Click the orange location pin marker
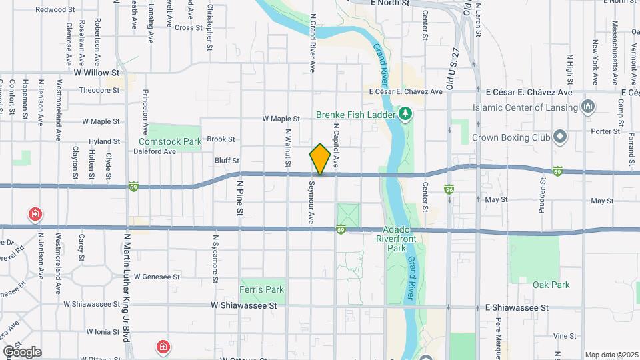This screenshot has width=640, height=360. click(x=320, y=159)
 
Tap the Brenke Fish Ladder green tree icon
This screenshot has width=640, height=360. click(x=405, y=114)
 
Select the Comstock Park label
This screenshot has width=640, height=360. click(x=170, y=142)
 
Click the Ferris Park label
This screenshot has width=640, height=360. click(x=261, y=289)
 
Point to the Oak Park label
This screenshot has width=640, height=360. click(x=551, y=285)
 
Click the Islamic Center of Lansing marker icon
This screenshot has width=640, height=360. click(x=588, y=107)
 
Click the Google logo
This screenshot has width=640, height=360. click(x=22, y=352)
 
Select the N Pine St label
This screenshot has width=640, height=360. click(x=238, y=195)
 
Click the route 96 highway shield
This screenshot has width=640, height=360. click(x=450, y=189)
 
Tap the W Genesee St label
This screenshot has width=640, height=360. click(x=157, y=276)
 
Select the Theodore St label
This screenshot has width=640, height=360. click(x=99, y=90)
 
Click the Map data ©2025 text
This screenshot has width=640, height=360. click(x=611, y=355)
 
